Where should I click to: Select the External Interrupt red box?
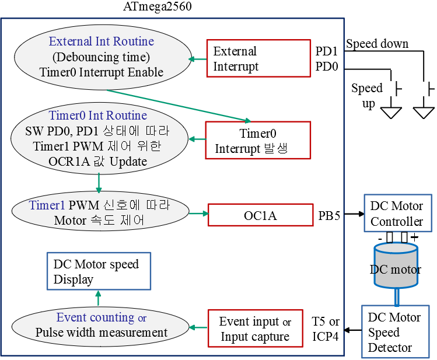258,58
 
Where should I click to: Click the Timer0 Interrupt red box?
258,141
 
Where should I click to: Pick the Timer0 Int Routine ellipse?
99,138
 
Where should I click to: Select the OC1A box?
260,216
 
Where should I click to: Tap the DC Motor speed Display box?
98,271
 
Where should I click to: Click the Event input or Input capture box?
255,329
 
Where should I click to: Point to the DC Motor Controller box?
397,214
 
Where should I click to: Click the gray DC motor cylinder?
396,267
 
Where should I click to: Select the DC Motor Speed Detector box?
394,332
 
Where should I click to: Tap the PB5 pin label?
329,216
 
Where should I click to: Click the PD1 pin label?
327,51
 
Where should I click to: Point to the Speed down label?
377,44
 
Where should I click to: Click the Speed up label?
367,95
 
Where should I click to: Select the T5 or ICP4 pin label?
326,329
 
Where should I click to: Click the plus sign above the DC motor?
414,237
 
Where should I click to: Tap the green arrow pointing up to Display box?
98,298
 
